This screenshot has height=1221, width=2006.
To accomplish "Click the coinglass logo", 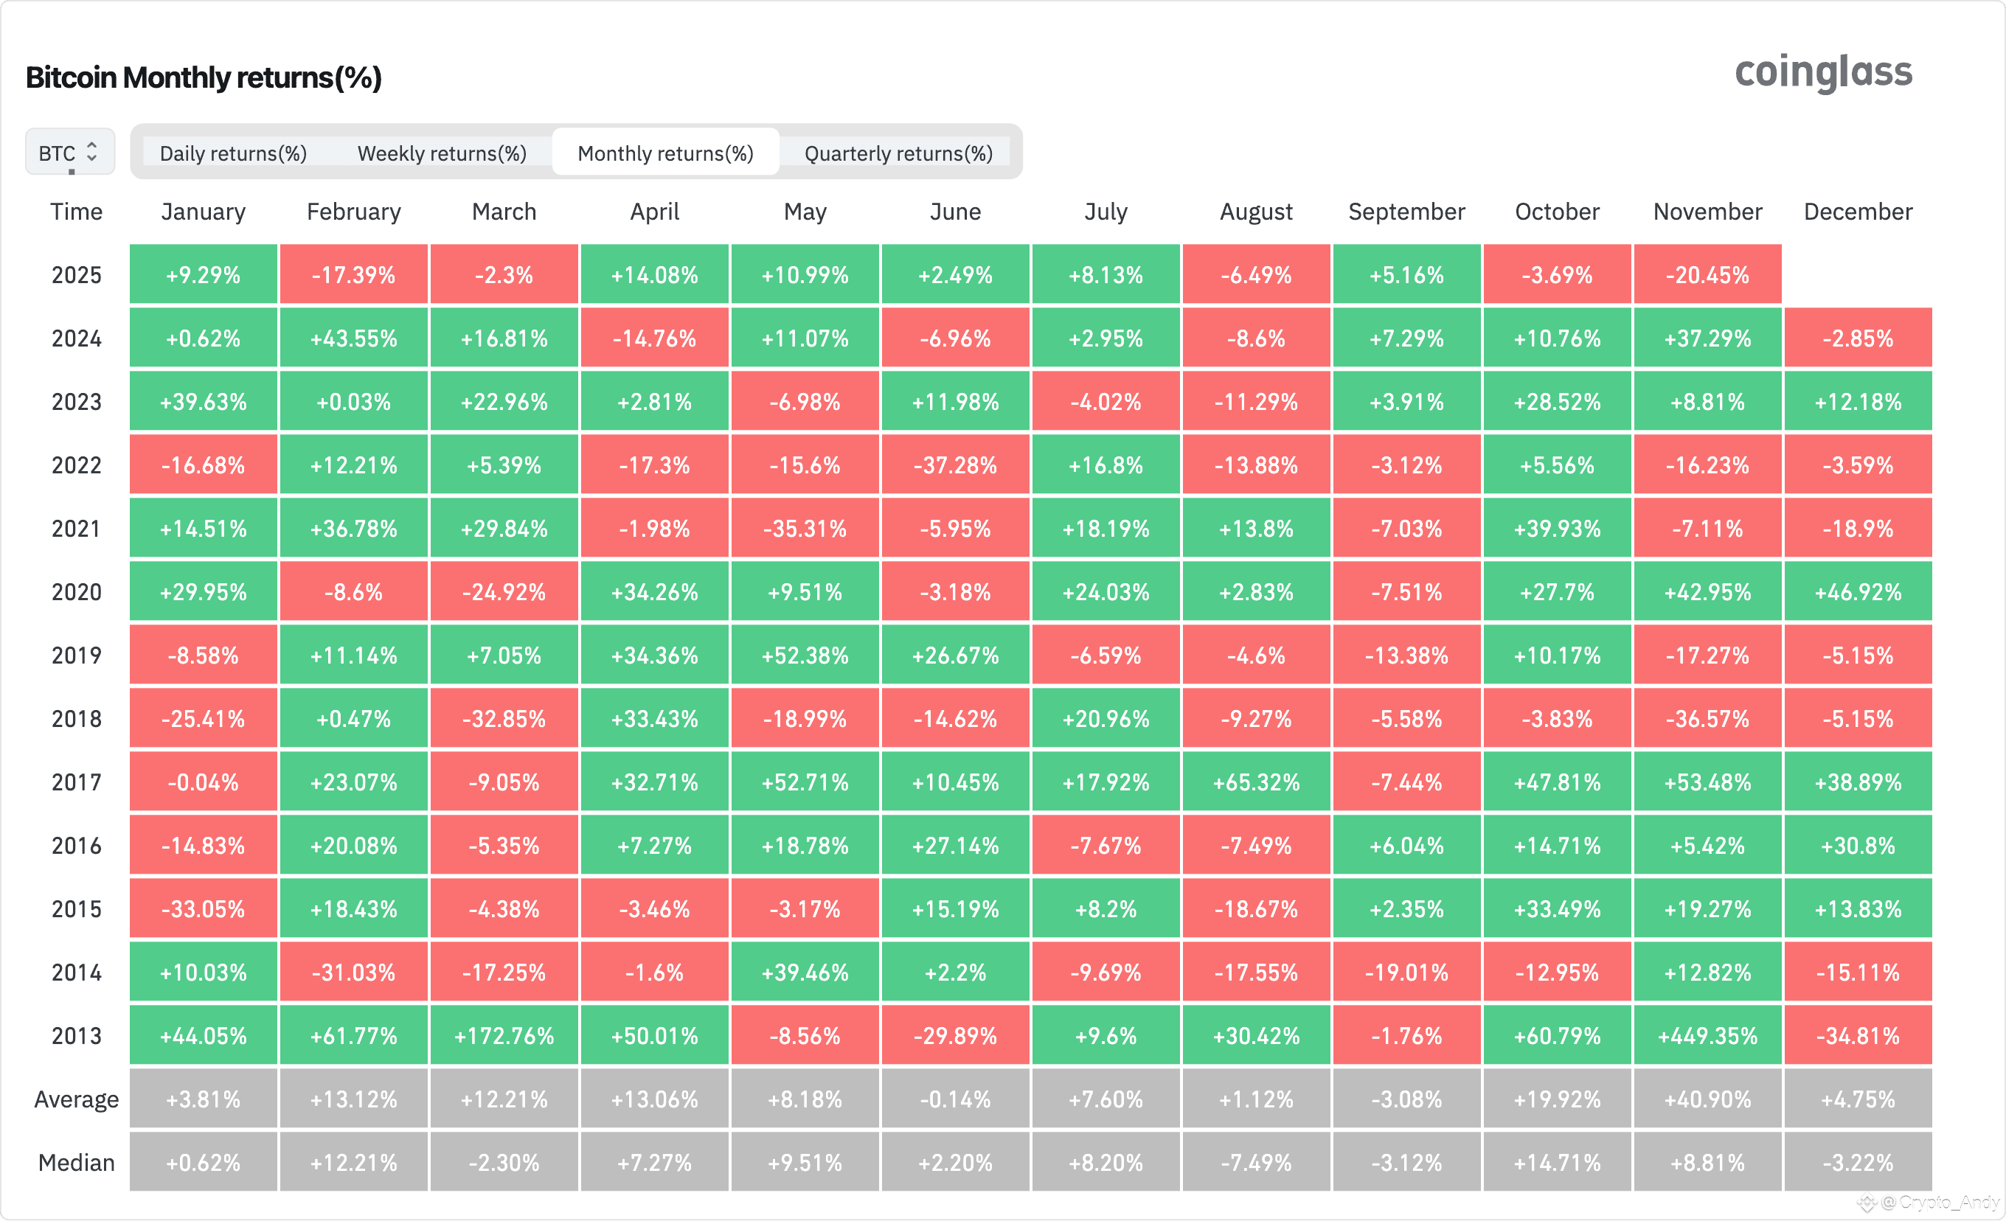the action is (1823, 73).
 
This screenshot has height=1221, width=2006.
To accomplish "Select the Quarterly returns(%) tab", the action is (898, 153).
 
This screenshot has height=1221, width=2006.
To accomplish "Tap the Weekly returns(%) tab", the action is (442, 153).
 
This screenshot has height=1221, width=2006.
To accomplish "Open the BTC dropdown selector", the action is (70, 152).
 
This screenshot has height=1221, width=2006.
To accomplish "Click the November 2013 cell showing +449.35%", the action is (1707, 1035).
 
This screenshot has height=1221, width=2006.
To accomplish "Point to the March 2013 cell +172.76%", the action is (504, 1035).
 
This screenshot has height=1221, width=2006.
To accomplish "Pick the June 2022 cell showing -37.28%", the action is (955, 465).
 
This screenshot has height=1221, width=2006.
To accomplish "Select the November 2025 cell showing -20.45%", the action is (1707, 274).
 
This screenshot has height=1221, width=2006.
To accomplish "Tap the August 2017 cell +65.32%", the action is (1256, 782).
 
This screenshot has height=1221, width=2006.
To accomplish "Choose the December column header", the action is (1858, 212).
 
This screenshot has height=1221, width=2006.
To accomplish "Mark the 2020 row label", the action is (77, 592).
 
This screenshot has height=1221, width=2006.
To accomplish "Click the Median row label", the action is (77, 1163).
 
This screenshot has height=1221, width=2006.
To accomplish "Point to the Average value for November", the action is (1707, 1099).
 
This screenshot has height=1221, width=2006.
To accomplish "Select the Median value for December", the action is (1858, 1163).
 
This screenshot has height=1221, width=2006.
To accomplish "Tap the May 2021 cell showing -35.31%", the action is (805, 528).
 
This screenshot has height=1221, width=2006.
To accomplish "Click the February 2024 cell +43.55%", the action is (353, 338).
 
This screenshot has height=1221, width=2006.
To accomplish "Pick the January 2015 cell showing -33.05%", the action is (204, 908).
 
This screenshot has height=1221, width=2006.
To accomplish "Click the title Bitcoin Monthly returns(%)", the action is (204, 77).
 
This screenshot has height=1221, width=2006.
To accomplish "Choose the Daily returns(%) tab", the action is (233, 153).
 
